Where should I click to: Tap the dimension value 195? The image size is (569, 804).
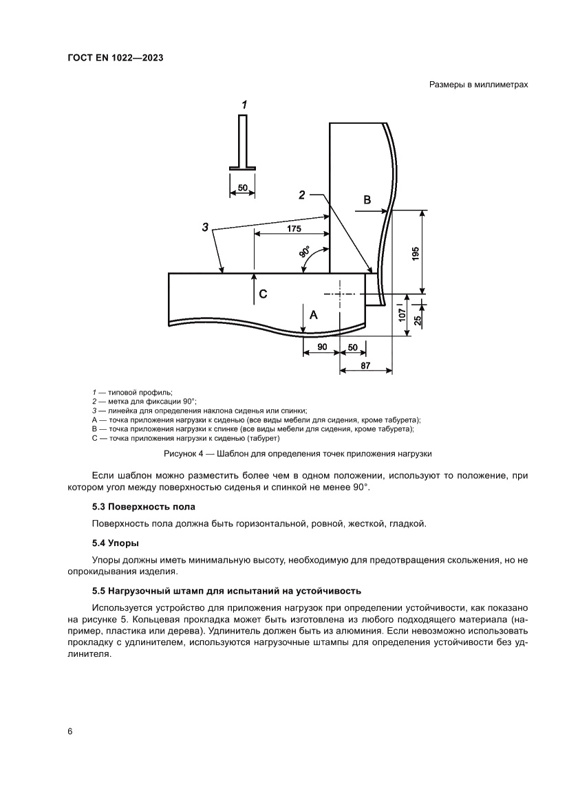(415, 252)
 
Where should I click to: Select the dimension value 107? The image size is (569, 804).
(402, 316)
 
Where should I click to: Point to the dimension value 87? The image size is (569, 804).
(365, 366)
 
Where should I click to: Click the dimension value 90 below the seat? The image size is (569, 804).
(321, 348)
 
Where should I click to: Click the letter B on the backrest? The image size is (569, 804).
(367, 200)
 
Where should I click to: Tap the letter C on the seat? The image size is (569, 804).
(263, 294)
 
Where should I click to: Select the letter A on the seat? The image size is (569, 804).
(314, 314)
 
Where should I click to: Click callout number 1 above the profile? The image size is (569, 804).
(244, 105)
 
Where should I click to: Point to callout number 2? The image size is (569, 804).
(301, 195)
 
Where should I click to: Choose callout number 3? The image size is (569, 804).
(205, 226)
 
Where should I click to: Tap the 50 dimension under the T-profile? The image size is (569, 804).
(242, 187)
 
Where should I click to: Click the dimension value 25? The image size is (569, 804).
(418, 319)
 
